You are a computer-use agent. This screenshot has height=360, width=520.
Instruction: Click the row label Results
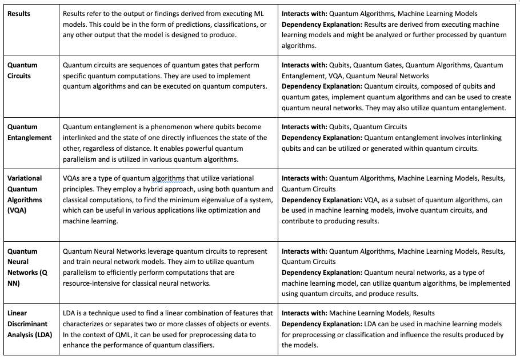click(x=19, y=14)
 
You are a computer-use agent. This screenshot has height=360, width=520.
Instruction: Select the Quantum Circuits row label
click(x=22, y=70)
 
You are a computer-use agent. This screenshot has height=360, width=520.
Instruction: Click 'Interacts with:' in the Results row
click(x=305, y=14)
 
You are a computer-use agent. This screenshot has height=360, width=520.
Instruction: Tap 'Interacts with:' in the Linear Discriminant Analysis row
click(x=305, y=313)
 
